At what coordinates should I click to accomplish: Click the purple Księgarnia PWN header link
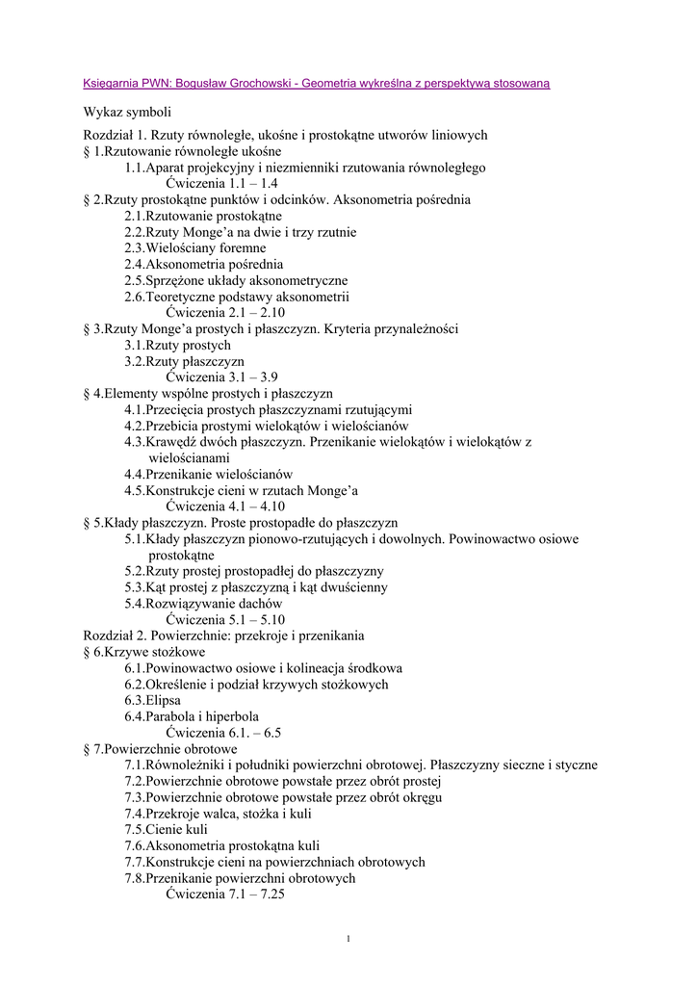click(317, 84)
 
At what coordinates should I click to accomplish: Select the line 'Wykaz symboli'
click(127, 113)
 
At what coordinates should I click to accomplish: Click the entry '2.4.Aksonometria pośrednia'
click(203, 264)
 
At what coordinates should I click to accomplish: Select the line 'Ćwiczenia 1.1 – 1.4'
click(221, 183)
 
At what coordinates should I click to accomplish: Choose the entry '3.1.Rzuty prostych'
click(177, 345)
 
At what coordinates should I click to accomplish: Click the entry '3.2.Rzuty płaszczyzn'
click(184, 361)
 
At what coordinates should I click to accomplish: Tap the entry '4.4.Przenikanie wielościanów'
click(208, 475)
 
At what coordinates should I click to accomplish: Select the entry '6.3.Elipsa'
click(152, 701)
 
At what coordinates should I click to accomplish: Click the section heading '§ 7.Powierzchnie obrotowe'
click(161, 749)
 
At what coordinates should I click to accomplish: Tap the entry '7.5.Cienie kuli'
click(166, 830)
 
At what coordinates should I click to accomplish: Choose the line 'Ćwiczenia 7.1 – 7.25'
click(224, 895)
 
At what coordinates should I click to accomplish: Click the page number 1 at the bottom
click(348, 939)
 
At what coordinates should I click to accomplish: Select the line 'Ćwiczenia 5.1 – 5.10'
click(225, 620)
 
